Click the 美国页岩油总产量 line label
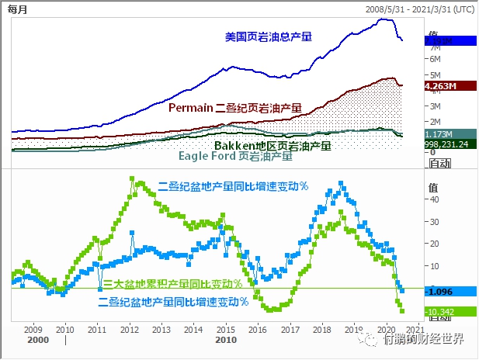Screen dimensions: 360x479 [x=268, y=36]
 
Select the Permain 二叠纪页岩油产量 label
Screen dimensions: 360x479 [x=234, y=108]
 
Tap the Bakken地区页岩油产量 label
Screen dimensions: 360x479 [x=272, y=145]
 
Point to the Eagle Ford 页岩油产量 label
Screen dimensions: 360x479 [x=235, y=156]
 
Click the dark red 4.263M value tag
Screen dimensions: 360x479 [x=440, y=86]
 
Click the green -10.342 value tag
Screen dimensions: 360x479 [x=443, y=311]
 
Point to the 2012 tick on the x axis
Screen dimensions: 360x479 [x=129, y=329]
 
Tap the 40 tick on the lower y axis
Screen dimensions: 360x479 [x=434, y=199]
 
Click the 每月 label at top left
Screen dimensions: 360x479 [x=17, y=9]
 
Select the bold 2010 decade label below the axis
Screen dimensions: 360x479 [x=226, y=340]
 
